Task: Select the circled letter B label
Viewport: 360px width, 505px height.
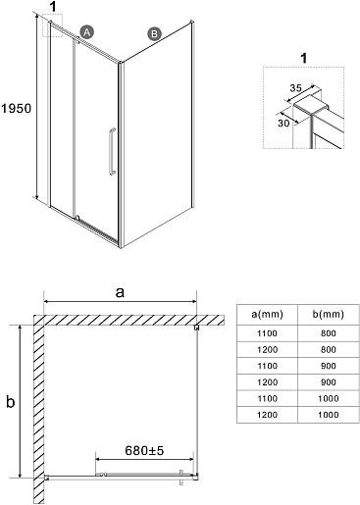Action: pos(153,32)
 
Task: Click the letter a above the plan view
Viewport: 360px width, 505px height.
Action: pos(120,292)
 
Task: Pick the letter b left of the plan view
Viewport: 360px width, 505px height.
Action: pos(11,401)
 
